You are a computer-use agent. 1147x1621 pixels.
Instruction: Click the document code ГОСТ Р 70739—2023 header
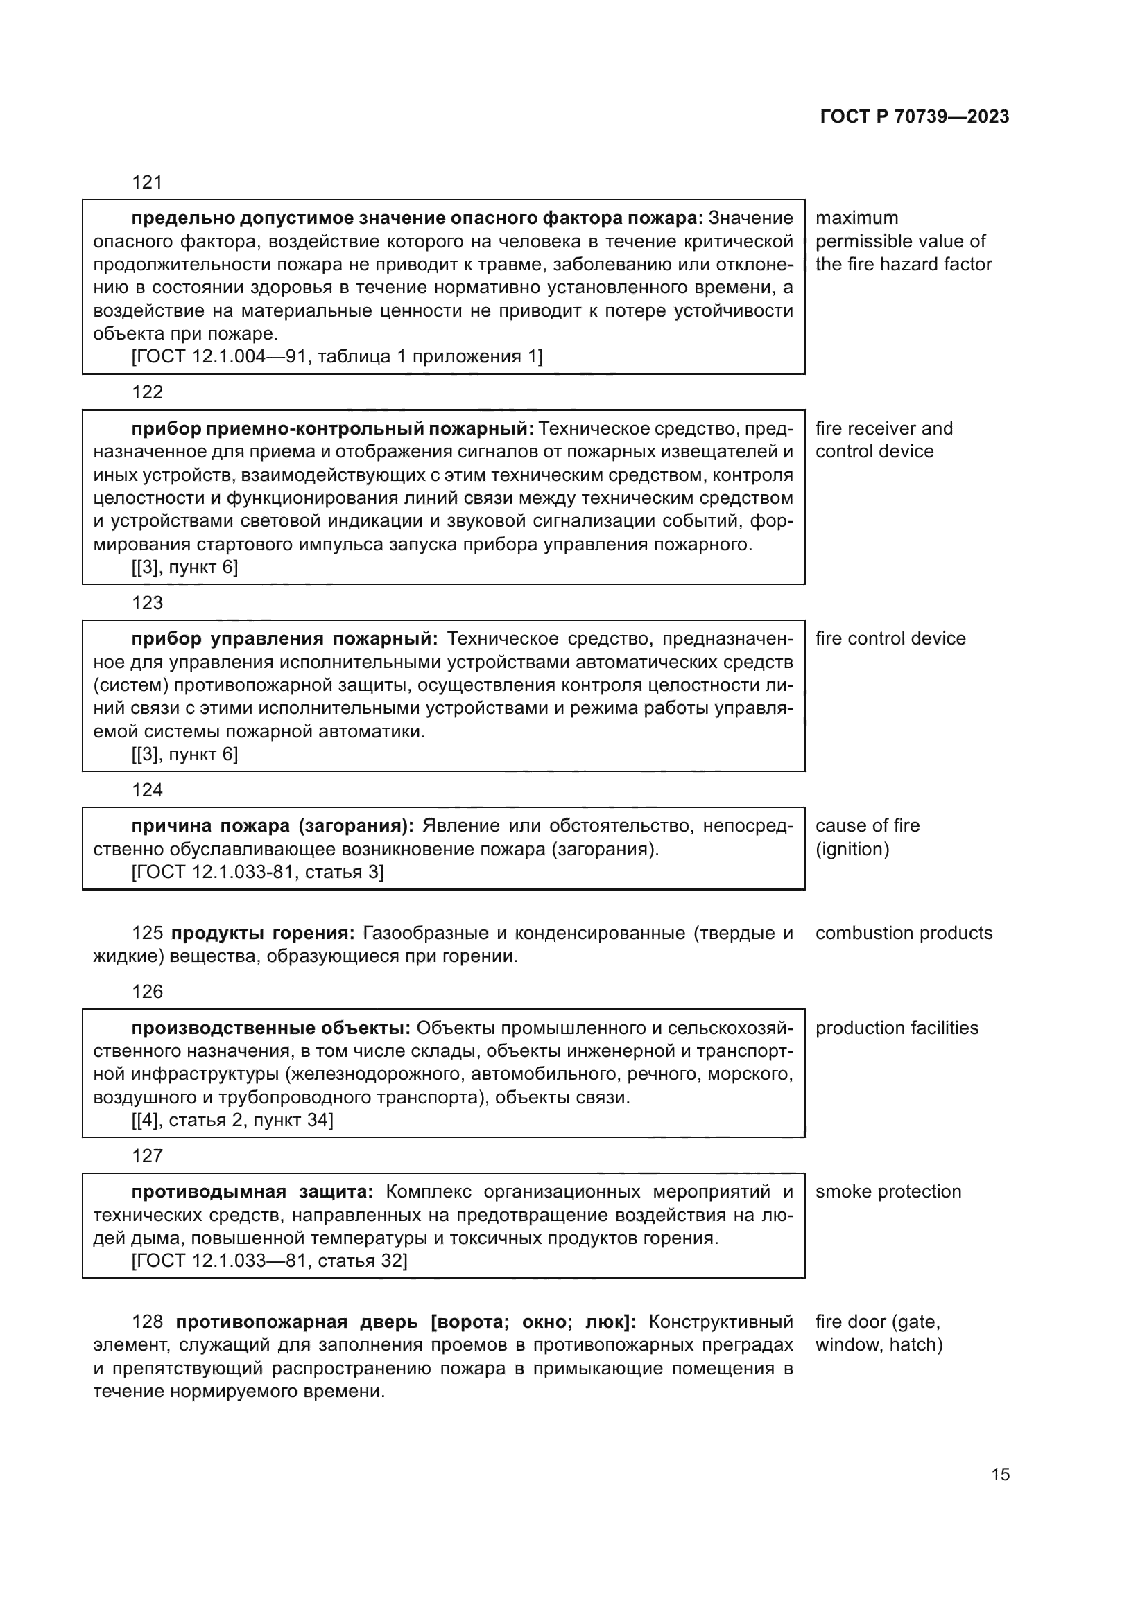pyautogui.click(x=915, y=117)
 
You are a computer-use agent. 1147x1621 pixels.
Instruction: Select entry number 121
pyautogui.click(x=147, y=183)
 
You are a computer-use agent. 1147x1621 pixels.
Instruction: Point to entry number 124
pyautogui.click(x=147, y=790)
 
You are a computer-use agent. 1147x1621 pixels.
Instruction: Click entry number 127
pyautogui.click(x=147, y=1156)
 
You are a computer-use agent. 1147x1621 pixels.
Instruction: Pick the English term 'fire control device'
pyautogui.click(x=890, y=639)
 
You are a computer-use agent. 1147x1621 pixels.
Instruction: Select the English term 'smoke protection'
pyautogui.click(x=888, y=1192)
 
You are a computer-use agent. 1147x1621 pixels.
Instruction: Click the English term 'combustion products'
pyautogui.click(x=904, y=934)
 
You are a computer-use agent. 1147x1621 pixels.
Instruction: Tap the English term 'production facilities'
pyautogui.click(x=896, y=1028)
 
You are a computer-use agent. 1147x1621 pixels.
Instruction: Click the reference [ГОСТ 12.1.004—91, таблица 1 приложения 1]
pyautogui.click(x=337, y=356)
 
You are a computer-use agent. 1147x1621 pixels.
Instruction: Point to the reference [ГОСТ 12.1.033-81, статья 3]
pyautogui.click(x=258, y=872)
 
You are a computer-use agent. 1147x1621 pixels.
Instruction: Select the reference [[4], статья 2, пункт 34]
pyautogui.click(x=232, y=1121)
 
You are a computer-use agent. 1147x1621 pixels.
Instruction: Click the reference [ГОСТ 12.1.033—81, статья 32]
pyautogui.click(x=269, y=1261)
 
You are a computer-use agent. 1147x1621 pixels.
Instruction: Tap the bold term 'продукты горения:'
pyautogui.click(x=263, y=934)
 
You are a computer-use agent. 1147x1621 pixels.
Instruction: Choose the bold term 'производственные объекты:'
pyautogui.click(x=271, y=1028)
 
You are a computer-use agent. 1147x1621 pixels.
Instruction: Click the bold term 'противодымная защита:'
pyautogui.click(x=252, y=1192)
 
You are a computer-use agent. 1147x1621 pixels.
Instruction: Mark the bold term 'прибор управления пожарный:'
pyautogui.click(x=284, y=639)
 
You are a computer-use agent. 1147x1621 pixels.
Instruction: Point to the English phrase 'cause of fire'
pyautogui.click(x=868, y=826)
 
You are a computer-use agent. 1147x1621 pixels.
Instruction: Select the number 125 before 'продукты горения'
pyautogui.click(x=147, y=934)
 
